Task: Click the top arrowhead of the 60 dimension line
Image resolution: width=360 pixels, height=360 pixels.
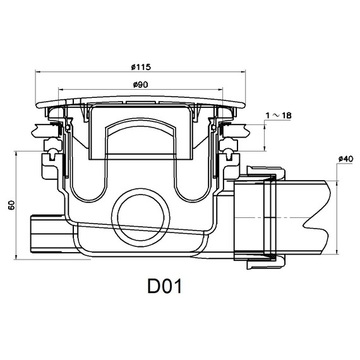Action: tap(15, 152)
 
